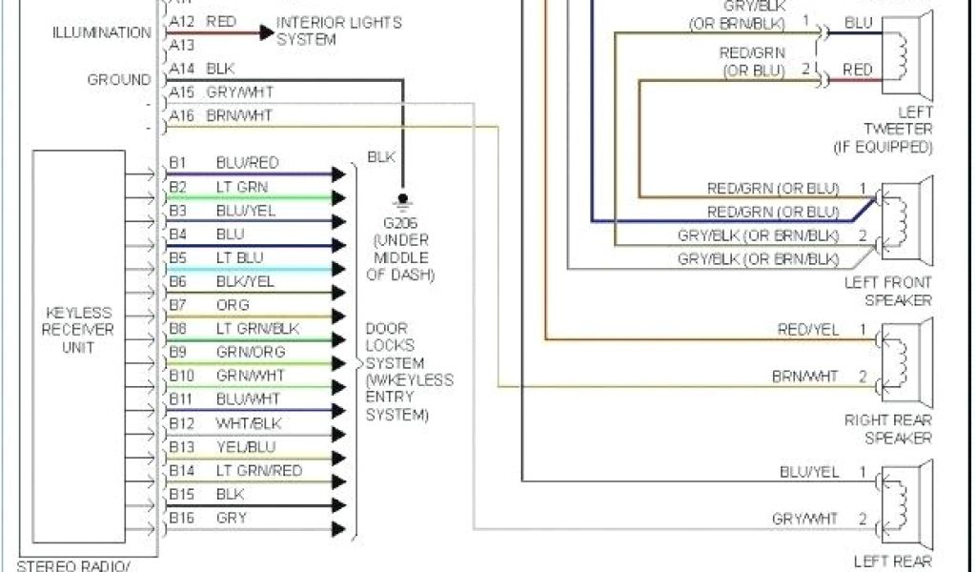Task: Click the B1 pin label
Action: (179, 163)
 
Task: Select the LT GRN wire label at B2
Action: (242, 187)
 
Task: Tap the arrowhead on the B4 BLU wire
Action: (338, 245)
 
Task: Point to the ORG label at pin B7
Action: (233, 305)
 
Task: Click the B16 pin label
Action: (182, 518)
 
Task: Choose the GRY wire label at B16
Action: (232, 518)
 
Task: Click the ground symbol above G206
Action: (402, 200)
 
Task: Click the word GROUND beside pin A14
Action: (119, 80)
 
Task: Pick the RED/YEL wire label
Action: (808, 330)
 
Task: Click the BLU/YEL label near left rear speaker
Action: (808, 472)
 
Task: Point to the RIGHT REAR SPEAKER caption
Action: (887, 428)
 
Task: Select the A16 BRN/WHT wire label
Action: (239, 115)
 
